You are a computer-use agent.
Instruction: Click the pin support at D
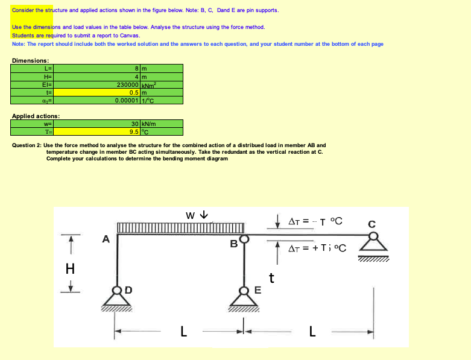click(x=115, y=297)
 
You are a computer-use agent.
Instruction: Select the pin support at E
click(x=244, y=297)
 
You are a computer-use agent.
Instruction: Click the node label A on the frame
click(x=106, y=239)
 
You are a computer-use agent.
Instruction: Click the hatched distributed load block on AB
click(x=180, y=228)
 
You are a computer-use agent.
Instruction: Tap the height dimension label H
click(x=71, y=268)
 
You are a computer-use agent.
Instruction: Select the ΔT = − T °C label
click(x=315, y=221)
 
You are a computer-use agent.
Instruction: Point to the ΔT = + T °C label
click(x=317, y=248)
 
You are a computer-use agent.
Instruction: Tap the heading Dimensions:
click(x=31, y=60)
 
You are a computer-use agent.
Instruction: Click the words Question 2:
click(x=27, y=145)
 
